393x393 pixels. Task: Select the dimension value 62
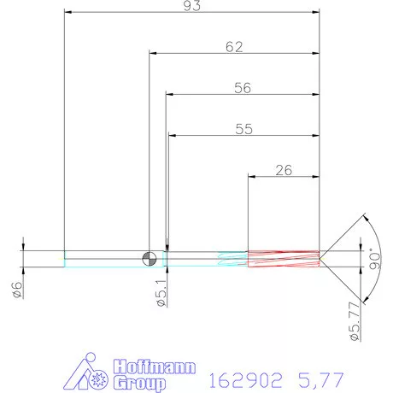pyautogui.click(x=233, y=47)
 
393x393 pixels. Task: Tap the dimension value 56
pyautogui.click(x=243, y=88)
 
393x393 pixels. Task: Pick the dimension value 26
pyautogui.click(x=284, y=170)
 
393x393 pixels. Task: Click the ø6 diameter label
pyautogui.click(x=18, y=289)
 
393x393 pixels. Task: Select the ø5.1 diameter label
pyautogui.click(x=160, y=293)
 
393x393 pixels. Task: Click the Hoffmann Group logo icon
pyautogui.click(x=90, y=373)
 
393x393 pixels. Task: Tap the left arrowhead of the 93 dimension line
pyautogui.click(x=68, y=12)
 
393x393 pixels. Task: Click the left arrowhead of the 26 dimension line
pyautogui.click(x=251, y=176)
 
